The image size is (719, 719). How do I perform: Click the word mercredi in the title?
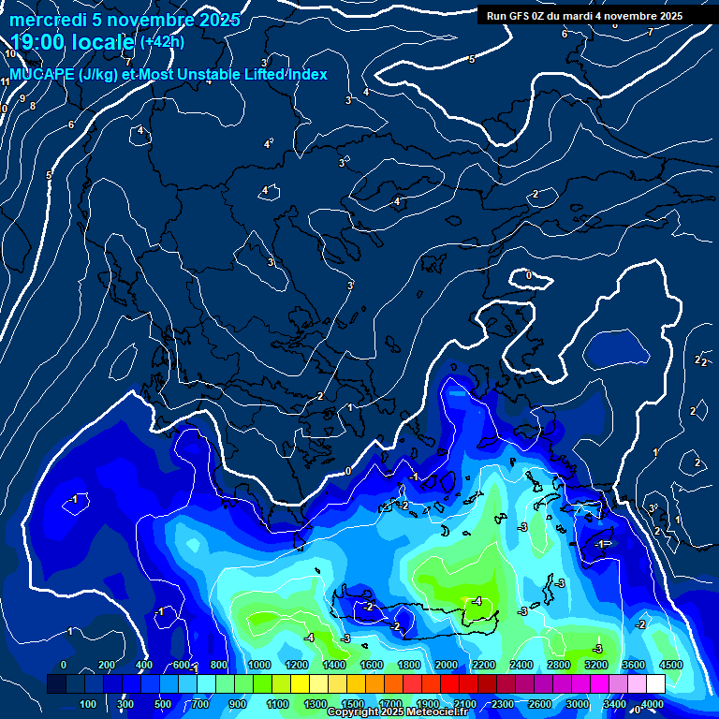(46, 20)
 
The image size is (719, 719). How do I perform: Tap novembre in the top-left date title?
(154, 20)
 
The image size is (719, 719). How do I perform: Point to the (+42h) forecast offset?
(162, 42)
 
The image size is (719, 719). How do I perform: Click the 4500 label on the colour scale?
(671, 665)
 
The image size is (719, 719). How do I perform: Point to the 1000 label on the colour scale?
(259, 665)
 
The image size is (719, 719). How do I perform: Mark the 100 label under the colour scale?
(88, 703)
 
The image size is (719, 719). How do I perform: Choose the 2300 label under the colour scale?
(503, 703)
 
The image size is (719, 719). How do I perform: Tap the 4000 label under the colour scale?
(653, 703)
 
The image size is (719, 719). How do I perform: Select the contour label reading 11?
(6, 82)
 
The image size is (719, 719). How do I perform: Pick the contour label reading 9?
(22, 98)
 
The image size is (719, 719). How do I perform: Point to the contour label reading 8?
(33, 106)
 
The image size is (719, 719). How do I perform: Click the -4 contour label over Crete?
(477, 601)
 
